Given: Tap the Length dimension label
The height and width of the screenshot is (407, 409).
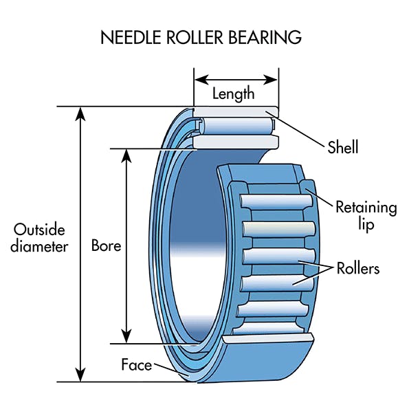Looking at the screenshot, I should [x=233, y=94].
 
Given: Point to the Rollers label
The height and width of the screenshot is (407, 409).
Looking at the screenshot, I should [x=357, y=268].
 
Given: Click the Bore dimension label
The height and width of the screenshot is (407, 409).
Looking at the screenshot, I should [x=106, y=245].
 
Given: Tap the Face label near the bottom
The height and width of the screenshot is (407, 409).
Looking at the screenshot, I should [x=136, y=364].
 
